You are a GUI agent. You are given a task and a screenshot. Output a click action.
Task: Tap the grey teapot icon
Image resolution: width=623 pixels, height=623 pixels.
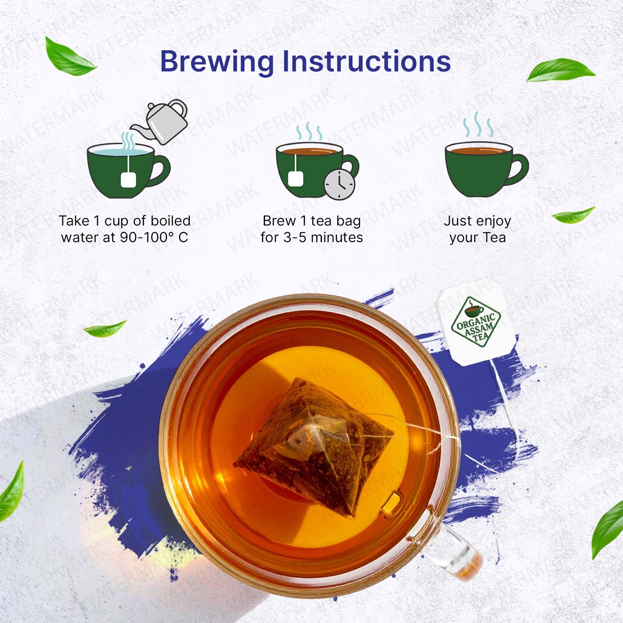click(164, 120)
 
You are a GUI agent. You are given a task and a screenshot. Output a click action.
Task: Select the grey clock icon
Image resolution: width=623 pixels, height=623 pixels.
click(339, 184)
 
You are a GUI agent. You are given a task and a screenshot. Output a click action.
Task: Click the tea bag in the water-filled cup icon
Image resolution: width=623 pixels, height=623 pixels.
click(128, 179)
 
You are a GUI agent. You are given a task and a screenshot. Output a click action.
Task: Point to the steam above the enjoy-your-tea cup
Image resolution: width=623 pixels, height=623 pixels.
click(478, 125)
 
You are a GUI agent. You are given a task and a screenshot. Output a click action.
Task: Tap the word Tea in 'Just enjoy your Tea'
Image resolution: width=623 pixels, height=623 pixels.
click(494, 238)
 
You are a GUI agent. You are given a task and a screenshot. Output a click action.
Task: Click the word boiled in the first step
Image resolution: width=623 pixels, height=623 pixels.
click(170, 221)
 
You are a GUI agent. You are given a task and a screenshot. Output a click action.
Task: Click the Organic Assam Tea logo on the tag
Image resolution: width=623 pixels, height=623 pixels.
click(476, 322)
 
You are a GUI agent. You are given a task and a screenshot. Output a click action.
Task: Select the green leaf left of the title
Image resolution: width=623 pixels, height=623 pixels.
click(69, 58)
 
